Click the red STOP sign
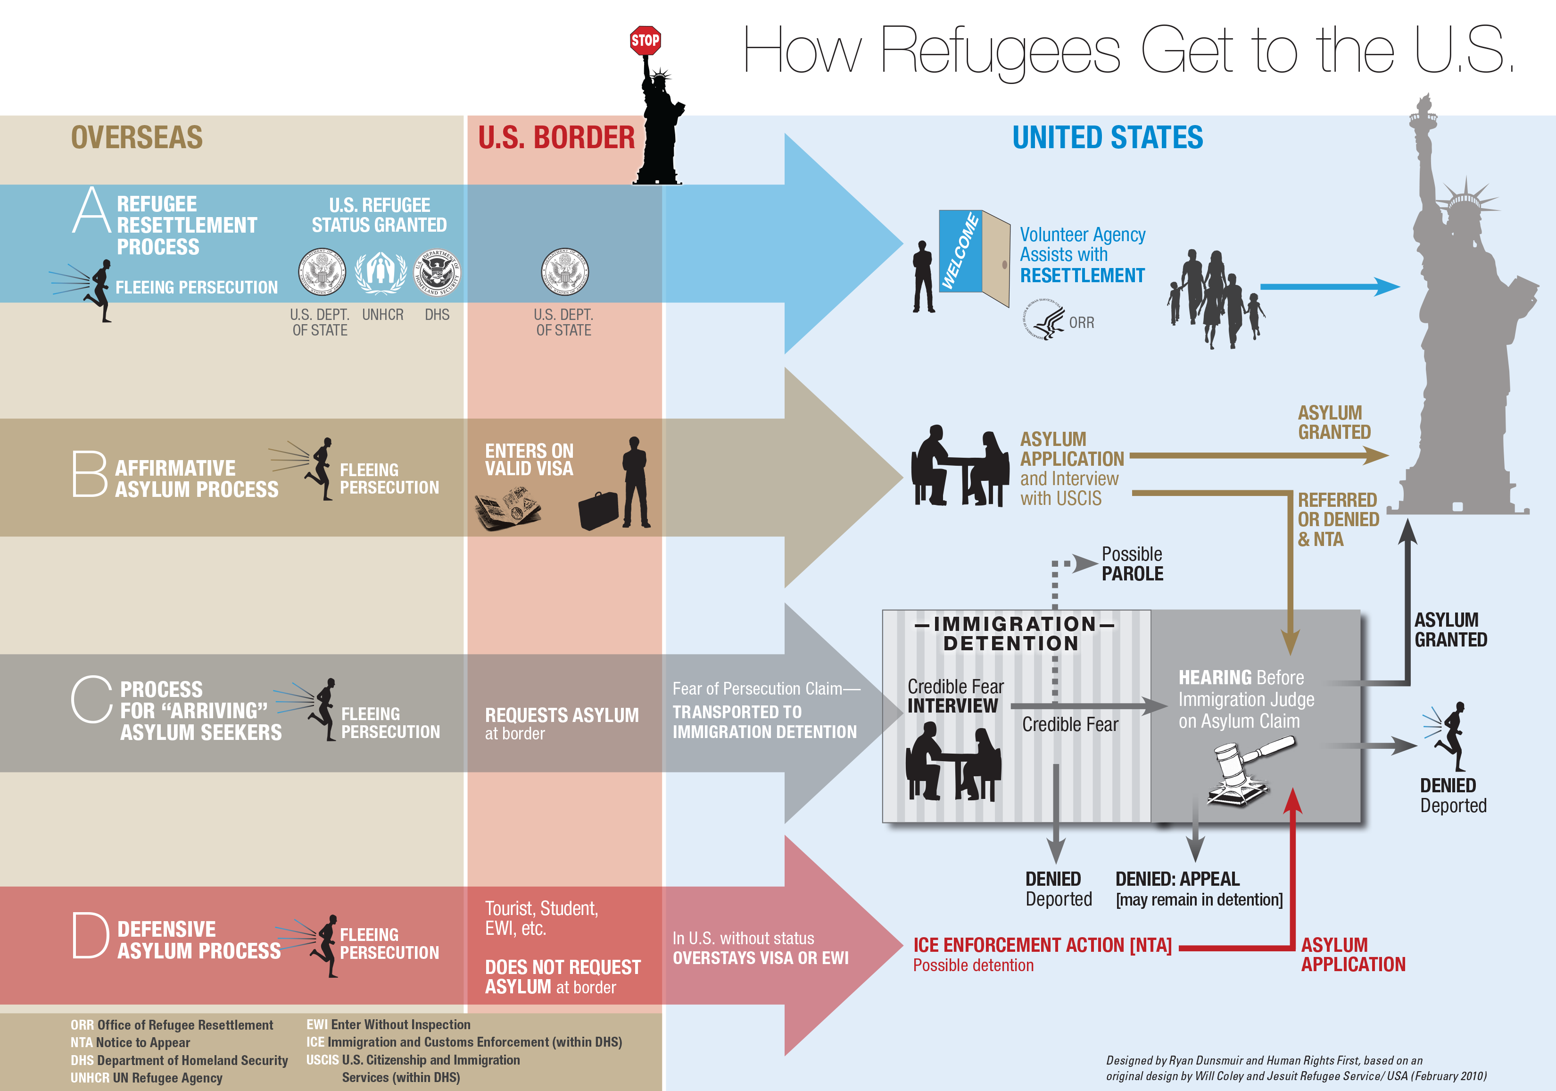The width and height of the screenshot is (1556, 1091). tap(645, 41)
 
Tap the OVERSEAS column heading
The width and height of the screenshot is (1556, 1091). tap(137, 138)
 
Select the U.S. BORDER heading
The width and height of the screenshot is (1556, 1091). tap(556, 138)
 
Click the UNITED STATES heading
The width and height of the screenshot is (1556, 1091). tap(1108, 138)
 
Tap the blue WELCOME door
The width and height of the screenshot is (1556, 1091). tap(960, 251)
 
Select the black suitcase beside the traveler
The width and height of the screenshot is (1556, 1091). tap(598, 511)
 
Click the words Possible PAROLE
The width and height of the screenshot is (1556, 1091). tap(1132, 564)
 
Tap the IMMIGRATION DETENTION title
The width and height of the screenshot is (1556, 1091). tap(1014, 633)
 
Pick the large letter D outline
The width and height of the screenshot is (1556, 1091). tap(90, 935)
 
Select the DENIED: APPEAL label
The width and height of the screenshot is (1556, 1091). tap(1177, 880)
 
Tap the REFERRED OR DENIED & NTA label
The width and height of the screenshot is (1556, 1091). tap(1338, 520)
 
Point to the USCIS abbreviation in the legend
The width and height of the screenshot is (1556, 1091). tap(322, 1060)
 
